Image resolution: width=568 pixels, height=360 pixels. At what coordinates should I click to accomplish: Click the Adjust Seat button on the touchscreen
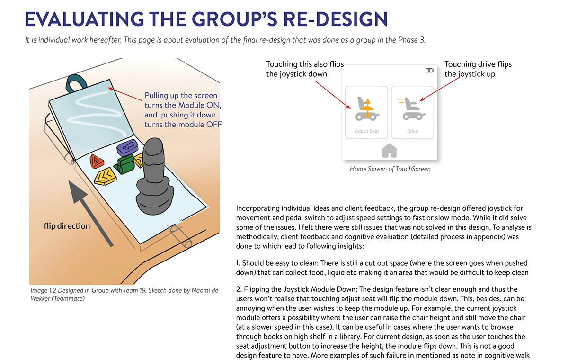[x=366, y=112]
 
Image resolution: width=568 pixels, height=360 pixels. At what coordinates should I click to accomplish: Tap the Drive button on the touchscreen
[x=412, y=112]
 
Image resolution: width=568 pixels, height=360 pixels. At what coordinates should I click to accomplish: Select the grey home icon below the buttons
[x=389, y=151]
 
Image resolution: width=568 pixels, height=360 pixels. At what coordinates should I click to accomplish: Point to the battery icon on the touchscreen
[x=429, y=71]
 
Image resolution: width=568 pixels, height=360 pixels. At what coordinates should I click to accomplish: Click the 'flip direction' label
[x=67, y=226]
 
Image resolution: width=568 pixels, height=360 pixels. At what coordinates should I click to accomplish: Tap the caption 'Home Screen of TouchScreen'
[x=390, y=169]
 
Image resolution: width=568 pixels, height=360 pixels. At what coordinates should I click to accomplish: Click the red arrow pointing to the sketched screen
[x=125, y=92]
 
